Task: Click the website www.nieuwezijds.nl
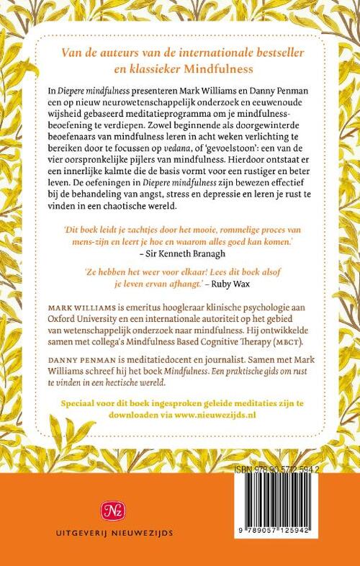click(x=231, y=415)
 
